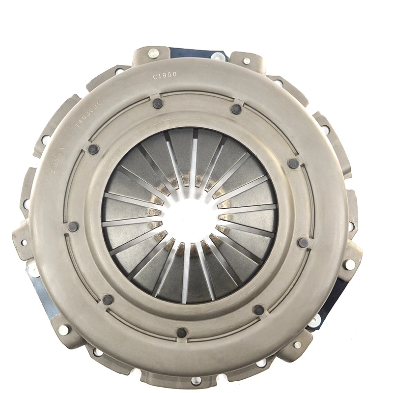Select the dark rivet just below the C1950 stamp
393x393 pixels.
coord(158,103)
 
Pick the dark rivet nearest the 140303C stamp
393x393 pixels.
coord(93,149)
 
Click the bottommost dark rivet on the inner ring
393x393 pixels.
coord(182,333)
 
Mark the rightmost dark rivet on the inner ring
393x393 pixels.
coord(304,242)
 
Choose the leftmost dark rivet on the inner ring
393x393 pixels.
coord(73,226)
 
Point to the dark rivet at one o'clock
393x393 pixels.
coord(236,109)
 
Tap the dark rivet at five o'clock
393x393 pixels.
coord(258,309)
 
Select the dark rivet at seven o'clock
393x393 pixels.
coord(108,300)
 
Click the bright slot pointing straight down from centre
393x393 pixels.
coord(186,275)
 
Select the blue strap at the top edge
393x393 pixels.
coord(196,53)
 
